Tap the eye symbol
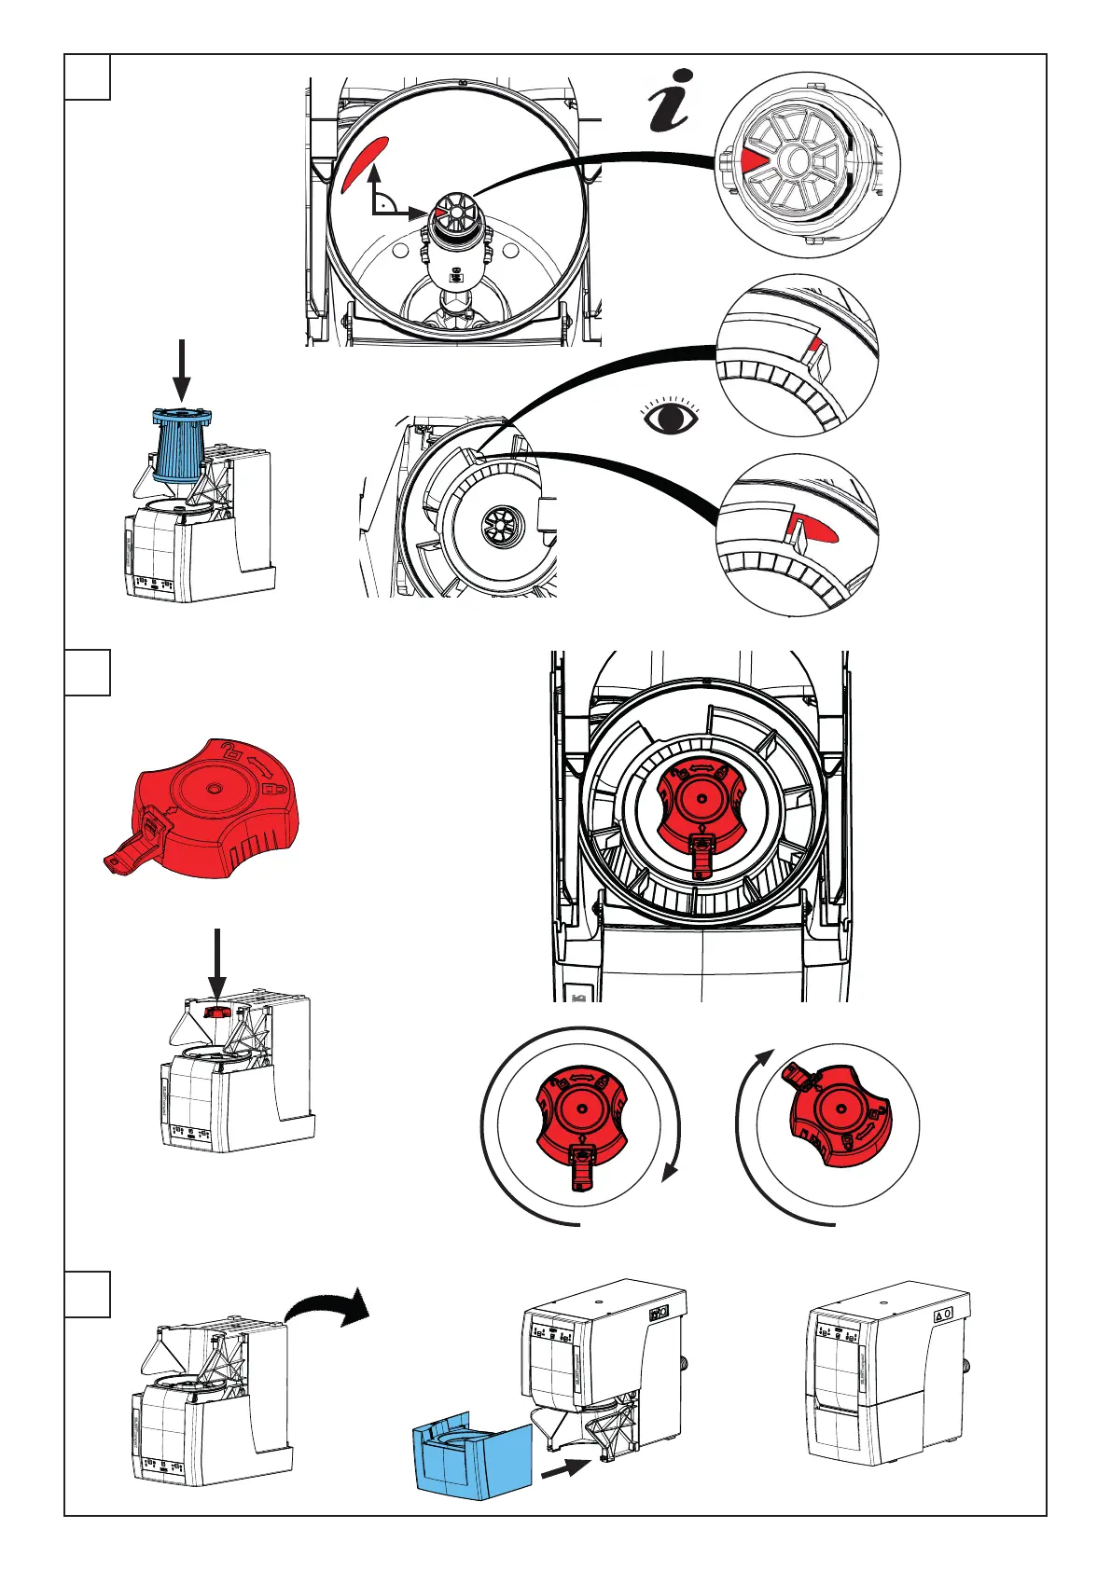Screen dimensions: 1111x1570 (x=672, y=417)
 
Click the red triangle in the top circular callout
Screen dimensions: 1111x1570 (x=753, y=161)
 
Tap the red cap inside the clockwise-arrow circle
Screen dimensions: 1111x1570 (x=580, y=1119)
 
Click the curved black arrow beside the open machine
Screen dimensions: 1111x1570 (x=326, y=1307)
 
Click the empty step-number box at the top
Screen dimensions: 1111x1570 (x=88, y=76)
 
